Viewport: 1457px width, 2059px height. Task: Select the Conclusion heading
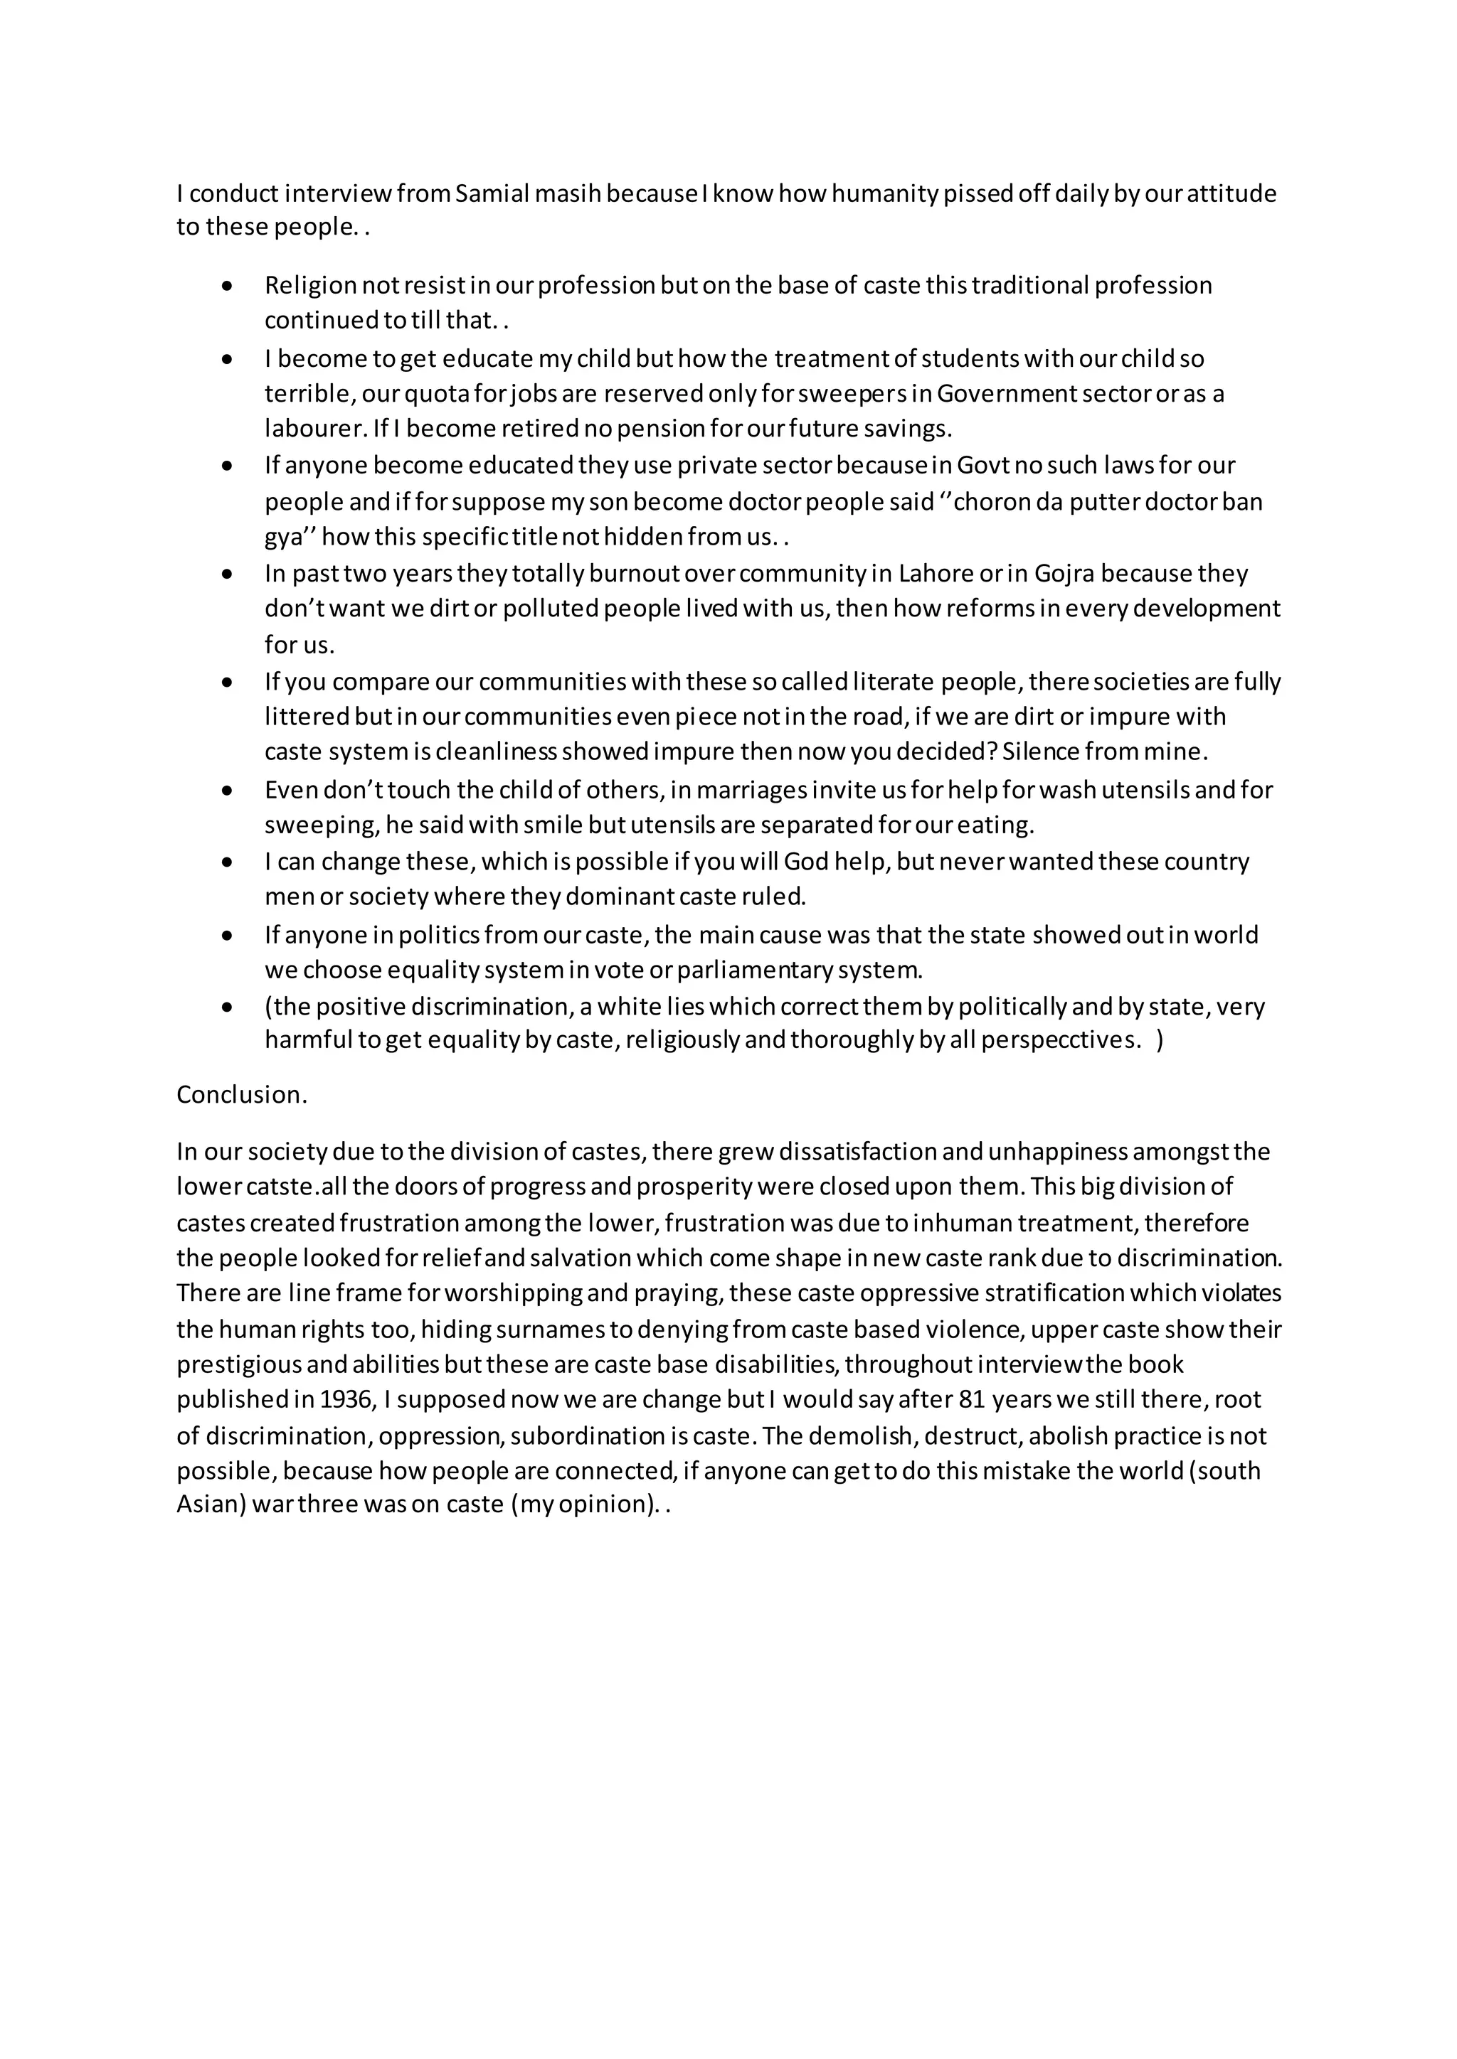(x=241, y=1095)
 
